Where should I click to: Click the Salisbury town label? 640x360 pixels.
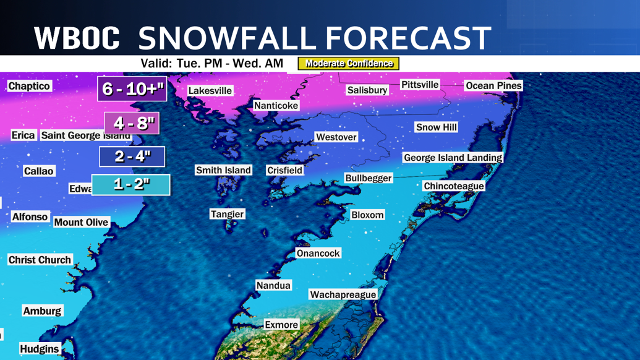(367, 90)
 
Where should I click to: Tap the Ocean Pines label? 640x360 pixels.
(493, 85)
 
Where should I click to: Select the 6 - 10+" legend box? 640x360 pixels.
(133, 89)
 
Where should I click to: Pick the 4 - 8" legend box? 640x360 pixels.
(132, 123)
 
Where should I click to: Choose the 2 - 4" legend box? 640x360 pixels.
(132, 156)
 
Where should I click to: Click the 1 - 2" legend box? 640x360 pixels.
(131, 184)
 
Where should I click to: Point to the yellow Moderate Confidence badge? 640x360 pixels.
(349, 64)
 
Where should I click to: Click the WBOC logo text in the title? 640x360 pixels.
(77, 38)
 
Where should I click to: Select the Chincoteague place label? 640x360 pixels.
(453, 186)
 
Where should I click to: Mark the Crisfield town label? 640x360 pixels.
(284, 170)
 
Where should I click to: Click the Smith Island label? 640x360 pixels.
(223, 170)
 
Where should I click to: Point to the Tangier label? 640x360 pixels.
(227, 214)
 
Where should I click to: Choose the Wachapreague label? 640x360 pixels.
(343, 295)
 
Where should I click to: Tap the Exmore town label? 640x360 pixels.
(281, 325)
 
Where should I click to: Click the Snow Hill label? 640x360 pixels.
(436, 127)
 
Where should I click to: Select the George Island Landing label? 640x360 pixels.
(453, 158)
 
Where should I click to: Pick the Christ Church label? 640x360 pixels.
(40, 260)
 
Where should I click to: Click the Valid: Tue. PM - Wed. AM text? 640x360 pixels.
(211, 64)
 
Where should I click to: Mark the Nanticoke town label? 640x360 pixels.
(276, 106)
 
